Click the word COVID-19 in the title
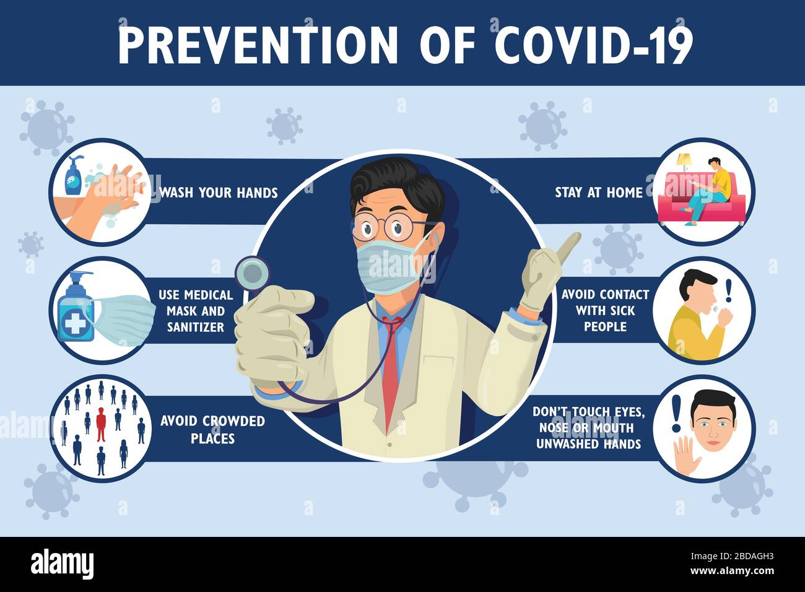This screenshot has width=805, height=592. tap(593, 45)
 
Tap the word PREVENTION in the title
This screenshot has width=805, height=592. tap(258, 45)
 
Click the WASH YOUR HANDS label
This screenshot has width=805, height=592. tap(218, 193)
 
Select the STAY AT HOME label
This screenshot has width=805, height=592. tap(598, 193)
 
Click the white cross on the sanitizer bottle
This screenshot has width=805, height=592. tap(74, 323)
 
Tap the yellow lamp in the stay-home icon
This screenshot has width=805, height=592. tap(684, 162)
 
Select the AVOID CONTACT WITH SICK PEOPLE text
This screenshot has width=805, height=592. tap(605, 310)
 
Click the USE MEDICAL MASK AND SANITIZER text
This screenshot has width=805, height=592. tap(196, 311)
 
